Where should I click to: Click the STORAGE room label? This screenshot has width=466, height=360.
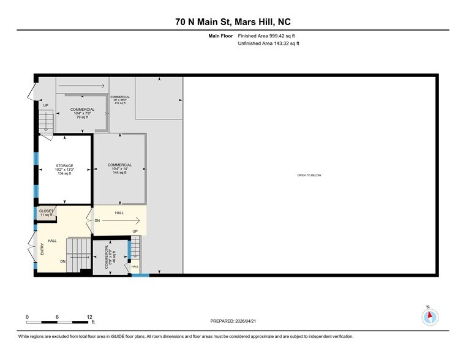coord(64,170)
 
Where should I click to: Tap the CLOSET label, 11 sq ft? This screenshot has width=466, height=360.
coord(47,213)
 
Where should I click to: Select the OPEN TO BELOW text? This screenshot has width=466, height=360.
coord(309,175)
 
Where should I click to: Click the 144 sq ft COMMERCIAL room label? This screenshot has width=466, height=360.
coord(119,169)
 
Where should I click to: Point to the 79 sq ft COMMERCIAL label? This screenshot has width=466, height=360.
coord(82,113)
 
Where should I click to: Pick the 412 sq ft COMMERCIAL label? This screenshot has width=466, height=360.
coord(120,100)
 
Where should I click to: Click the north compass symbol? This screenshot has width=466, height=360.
coord(430,316)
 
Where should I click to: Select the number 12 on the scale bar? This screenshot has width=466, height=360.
coord(89,317)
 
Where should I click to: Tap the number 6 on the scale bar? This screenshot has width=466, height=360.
coord(57,317)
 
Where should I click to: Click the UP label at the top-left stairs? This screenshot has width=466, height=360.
coord(45,105)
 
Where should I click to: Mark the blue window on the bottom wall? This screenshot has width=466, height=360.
coord(140,275)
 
